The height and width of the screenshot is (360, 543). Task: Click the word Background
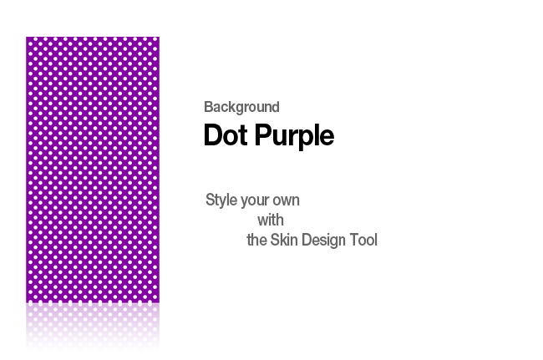(x=241, y=107)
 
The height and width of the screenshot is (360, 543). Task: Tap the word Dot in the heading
(x=226, y=135)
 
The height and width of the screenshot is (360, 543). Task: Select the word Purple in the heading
(x=294, y=136)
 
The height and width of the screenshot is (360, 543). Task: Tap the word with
(x=271, y=221)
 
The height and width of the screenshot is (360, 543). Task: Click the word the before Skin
(x=256, y=240)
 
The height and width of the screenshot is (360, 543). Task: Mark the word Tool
(x=363, y=240)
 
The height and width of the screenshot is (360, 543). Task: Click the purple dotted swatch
(x=93, y=170)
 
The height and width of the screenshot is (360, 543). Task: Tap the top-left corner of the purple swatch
(x=26, y=37)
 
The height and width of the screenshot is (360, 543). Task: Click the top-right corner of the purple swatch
(x=160, y=37)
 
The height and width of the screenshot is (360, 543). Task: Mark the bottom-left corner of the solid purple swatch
(x=26, y=302)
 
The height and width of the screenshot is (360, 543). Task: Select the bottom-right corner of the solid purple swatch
(x=160, y=302)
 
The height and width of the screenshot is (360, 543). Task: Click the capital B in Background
(x=208, y=107)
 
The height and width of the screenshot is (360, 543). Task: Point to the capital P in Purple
(x=263, y=134)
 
